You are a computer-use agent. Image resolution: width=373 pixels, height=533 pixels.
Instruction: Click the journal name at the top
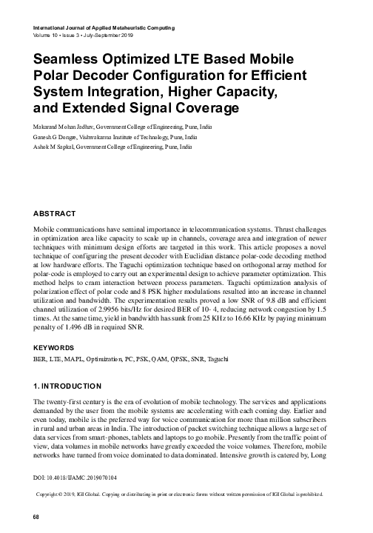pyautogui.click(x=104, y=27)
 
